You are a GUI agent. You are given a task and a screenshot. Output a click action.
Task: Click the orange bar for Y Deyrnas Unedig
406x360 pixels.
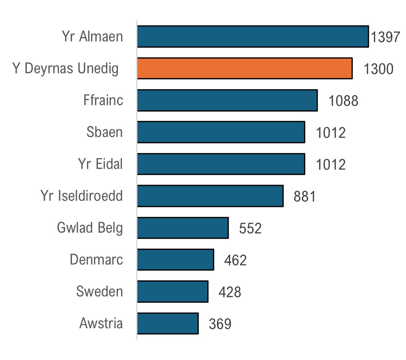tap(245, 68)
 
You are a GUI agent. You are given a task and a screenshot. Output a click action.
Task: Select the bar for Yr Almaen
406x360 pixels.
tap(253, 37)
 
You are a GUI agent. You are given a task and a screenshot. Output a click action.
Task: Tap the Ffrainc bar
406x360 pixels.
tap(227, 100)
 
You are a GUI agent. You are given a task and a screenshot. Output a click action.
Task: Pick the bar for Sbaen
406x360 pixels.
tap(221, 132)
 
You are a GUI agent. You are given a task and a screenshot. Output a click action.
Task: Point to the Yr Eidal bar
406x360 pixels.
tap(221, 164)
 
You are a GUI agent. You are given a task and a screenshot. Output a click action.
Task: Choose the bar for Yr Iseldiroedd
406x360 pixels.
tap(210, 196)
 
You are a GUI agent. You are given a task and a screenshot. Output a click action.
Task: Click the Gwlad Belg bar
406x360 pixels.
tap(183, 228)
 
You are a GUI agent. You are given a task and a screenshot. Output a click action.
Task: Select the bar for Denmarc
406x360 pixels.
tap(176, 260)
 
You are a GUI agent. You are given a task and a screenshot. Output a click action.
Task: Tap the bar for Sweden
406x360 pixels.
tap(173, 292)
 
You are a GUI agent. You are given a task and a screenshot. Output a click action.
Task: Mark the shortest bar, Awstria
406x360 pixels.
tap(168, 323)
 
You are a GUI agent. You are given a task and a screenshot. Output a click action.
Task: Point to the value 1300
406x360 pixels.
tap(378, 70)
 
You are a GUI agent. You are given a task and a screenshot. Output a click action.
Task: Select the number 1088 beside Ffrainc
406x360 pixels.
tap(343, 101)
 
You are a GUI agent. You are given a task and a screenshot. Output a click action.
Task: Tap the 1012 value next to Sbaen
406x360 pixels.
tap(331, 133)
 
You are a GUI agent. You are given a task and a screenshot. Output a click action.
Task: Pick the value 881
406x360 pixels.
tap(304, 196)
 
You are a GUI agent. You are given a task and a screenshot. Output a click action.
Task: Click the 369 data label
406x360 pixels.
tap(220, 324)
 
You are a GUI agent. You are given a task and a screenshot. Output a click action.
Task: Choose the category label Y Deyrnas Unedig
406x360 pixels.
tap(65, 69)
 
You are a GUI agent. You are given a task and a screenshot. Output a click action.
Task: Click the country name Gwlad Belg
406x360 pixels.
tap(90, 228)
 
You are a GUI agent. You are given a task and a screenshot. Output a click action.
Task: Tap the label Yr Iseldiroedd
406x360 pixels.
tap(81, 196)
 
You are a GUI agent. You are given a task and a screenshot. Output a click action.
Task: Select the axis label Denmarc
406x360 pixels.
tap(96, 260)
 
